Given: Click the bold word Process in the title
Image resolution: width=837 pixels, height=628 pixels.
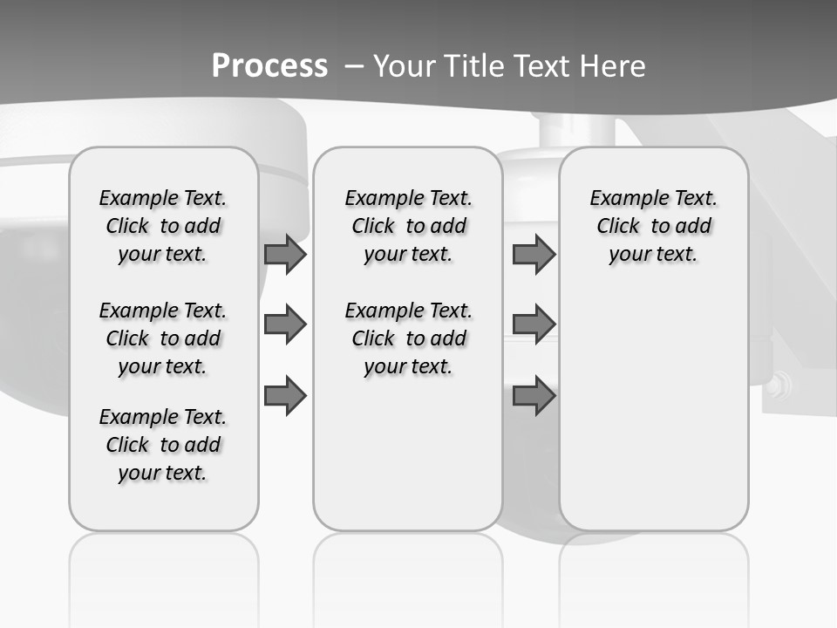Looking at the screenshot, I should (x=269, y=66).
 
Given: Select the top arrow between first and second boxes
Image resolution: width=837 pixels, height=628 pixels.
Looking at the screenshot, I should (x=285, y=254).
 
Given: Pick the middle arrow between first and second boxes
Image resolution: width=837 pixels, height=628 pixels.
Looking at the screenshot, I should (x=285, y=324).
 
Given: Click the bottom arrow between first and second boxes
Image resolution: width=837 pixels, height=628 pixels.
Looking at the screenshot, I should (x=285, y=395).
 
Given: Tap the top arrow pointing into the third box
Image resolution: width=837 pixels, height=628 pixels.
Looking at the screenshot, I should (x=534, y=254).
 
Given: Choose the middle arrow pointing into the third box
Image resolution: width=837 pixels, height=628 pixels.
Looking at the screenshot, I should (x=534, y=324).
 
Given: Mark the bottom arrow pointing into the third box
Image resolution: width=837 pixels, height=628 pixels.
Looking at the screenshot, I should (x=534, y=395).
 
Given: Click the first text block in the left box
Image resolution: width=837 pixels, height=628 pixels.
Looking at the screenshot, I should (x=163, y=226).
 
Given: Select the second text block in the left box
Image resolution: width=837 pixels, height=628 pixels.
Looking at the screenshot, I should (x=163, y=338).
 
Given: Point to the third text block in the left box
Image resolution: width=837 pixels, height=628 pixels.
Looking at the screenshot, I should (x=163, y=445).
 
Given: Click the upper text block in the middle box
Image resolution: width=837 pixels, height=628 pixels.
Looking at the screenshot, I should (x=408, y=226).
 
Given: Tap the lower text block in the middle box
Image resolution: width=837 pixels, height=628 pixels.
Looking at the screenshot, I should (x=408, y=338).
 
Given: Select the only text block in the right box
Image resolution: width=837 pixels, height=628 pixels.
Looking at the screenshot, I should (x=653, y=226).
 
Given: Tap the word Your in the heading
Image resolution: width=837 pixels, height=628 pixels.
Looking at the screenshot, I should (x=405, y=66).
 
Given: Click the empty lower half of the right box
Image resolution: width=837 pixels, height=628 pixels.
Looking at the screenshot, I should (x=653, y=419).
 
